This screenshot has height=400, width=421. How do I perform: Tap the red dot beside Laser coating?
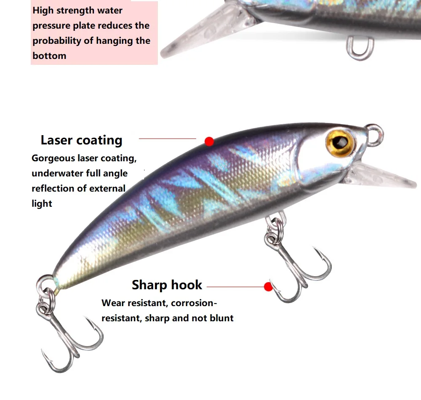coord(209,141)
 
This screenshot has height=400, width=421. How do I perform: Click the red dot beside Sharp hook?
coord(268,287)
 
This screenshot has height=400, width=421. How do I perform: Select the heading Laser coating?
coord(81,140)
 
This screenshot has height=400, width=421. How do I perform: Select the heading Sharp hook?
coord(167,285)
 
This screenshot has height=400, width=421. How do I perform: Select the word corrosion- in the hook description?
coord(195,303)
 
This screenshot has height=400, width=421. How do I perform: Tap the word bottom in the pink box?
coord(49,56)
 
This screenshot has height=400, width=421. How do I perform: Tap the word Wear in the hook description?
coord(112,303)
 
